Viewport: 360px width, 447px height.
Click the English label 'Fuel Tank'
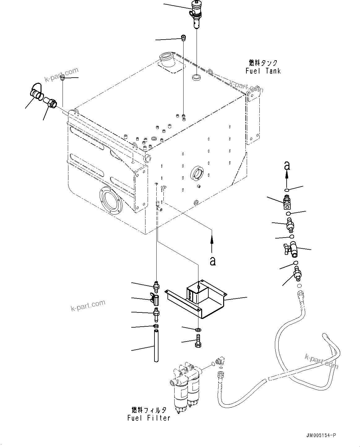click(263, 71)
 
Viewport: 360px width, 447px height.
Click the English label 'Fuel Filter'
click(149, 418)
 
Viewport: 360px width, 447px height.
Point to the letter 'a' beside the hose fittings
click(287, 166)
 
